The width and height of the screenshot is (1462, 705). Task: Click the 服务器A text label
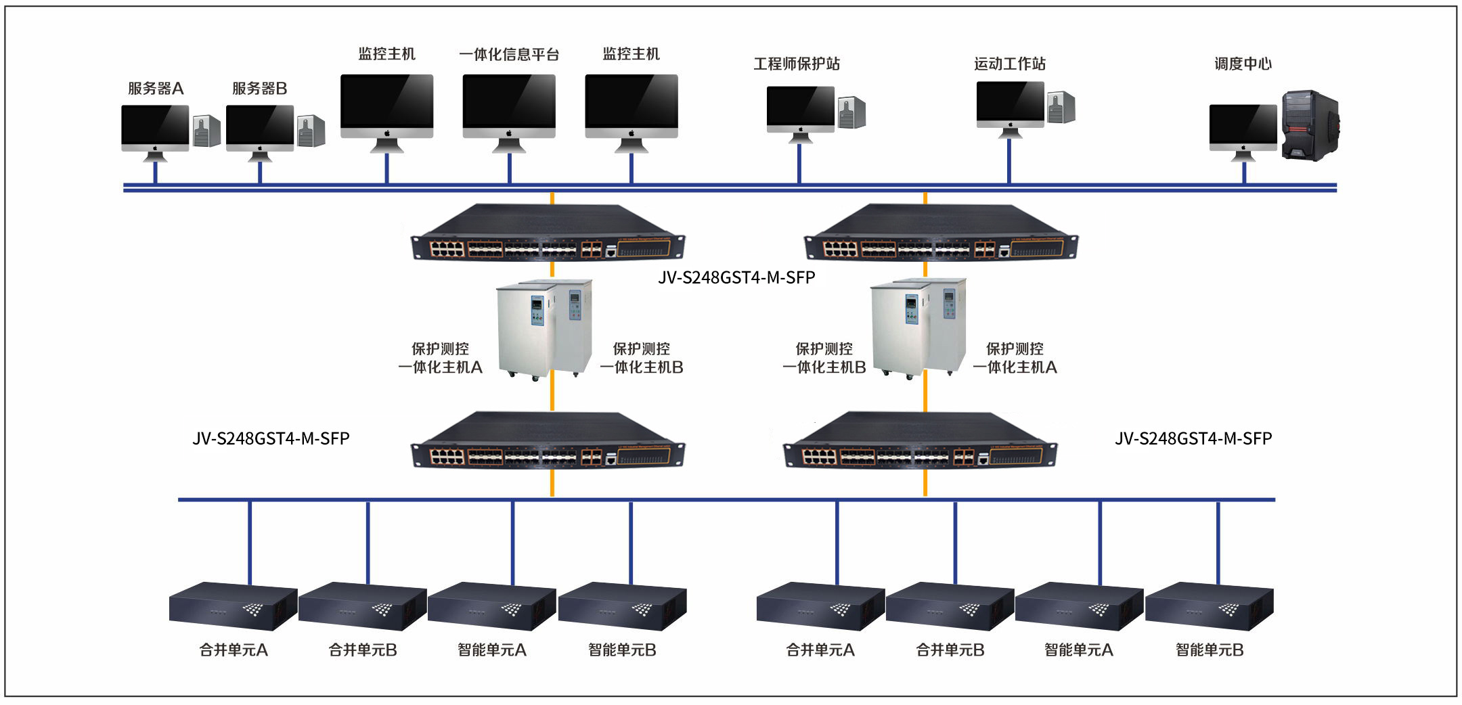tap(156, 89)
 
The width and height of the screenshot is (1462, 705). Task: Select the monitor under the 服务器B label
tap(260, 128)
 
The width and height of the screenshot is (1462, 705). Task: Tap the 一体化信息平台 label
tap(509, 54)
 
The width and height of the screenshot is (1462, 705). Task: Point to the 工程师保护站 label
tap(797, 64)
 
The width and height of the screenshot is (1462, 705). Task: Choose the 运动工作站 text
tap(1009, 64)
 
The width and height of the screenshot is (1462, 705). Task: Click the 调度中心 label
tap(1243, 64)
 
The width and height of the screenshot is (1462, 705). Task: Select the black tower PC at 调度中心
tap(1310, 126)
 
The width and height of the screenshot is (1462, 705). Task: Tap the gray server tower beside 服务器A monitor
tap(206, 131)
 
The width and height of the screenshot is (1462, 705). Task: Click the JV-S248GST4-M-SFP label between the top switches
tap(736, 277)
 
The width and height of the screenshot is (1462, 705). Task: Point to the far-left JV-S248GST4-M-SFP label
tap(271, 438)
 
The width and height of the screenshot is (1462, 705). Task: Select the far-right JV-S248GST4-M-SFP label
tap(1193, 438)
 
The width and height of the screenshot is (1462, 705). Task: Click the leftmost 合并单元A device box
tap(233, 605)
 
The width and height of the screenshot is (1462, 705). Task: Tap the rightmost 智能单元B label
tap(1210, 650)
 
